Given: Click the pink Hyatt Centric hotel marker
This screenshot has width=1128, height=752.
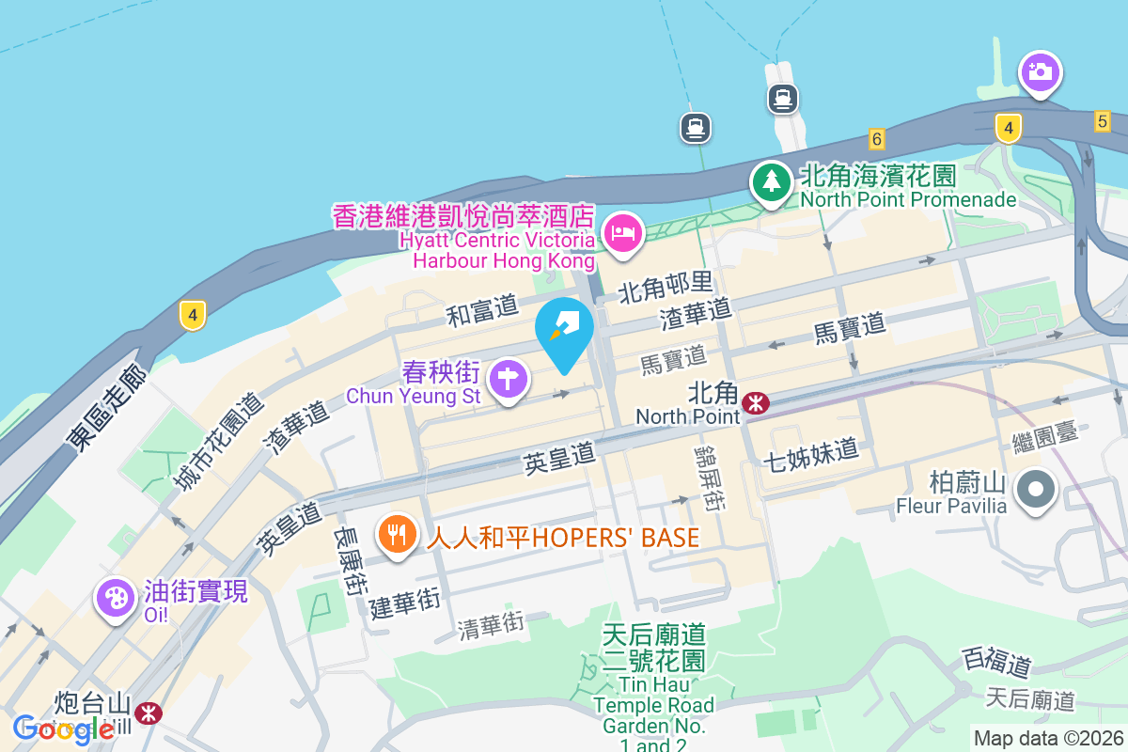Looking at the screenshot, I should click(x=622, y=232).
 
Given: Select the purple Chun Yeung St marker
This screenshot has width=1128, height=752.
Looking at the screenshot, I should click(x=509, y=379).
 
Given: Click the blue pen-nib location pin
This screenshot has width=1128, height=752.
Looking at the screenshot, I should click(x=564, y=329).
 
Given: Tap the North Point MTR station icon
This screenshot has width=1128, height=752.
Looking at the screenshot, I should click(x=755, y=402).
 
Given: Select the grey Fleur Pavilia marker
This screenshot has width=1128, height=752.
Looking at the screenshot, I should click(x=1037, y=489).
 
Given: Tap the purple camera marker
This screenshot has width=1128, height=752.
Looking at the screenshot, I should click(x=1040, y=71).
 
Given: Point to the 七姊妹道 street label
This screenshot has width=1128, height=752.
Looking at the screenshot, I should click(x=811, y=451).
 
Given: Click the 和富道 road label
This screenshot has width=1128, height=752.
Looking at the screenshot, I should click(x=483, y=310).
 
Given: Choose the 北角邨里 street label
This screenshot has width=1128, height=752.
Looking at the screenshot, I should click(x=666, y=287).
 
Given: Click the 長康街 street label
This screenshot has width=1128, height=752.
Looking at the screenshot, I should click(x=348, y=560).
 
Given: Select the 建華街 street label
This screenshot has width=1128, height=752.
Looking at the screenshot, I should click(x=405, y=603).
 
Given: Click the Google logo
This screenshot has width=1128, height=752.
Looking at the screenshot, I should click(x=64, y=728).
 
